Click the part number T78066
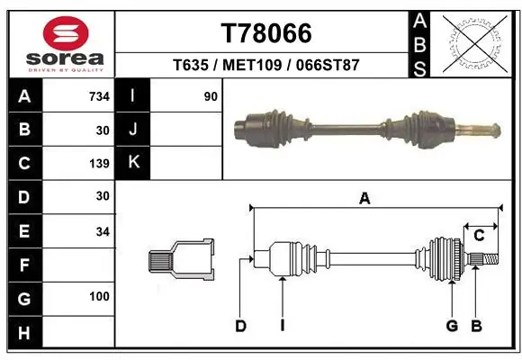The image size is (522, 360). click(x=266, y=33)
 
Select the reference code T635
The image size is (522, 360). click(x=190, y=65)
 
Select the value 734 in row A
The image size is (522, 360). click(x=99, y=96)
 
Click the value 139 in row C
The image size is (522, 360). click(x=99, y=164)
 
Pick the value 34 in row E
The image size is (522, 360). click(x=102, y=231)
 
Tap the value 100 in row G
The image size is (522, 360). click(x=99, y=296)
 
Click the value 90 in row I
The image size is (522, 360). click(x=211, y=96)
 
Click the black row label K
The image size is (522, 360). click(x=133, y=163)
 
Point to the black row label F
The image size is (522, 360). click(x=24, y=265)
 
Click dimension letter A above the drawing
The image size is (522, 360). click(x=364, y=200)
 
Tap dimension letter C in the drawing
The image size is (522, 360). click(x=480, y=236)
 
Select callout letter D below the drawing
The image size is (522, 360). click(x=240, y=326)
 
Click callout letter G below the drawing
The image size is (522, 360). click(x=452, y=326)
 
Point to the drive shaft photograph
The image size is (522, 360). click(x=364, y=125)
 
